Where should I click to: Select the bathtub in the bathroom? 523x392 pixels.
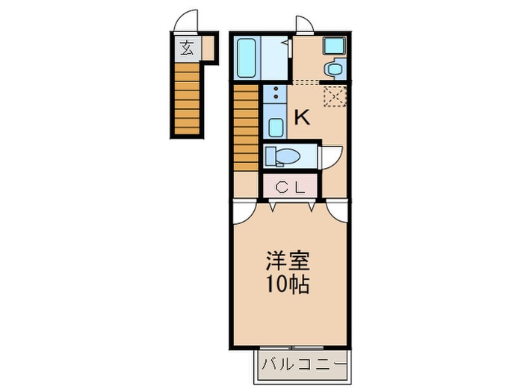[x=247, y=58]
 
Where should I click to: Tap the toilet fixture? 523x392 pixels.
[x=283, y=157]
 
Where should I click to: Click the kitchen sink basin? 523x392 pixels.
[x=276, y=127]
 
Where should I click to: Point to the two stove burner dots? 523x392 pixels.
[x=276, y=96]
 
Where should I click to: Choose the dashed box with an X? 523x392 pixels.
[x=333, y=96]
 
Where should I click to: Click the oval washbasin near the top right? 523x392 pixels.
[x=333, y=70]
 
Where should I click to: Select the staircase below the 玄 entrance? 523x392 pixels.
[x=188, y=98]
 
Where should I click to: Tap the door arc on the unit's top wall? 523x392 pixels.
[x=304, y=25]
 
